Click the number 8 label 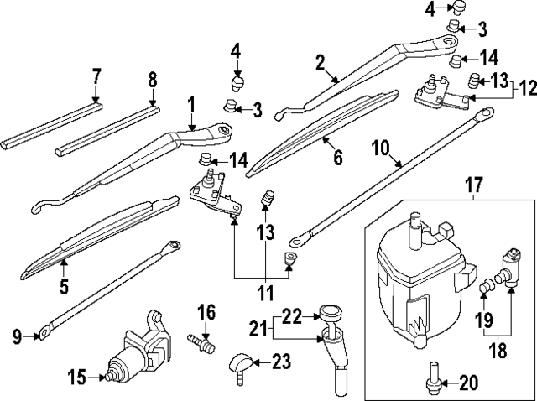coord(152,80)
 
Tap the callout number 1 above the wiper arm coord(191,104)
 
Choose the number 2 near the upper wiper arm coord(320,62)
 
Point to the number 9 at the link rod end coord(17,336)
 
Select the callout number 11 coord(266,293)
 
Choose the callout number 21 coord(258,325)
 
